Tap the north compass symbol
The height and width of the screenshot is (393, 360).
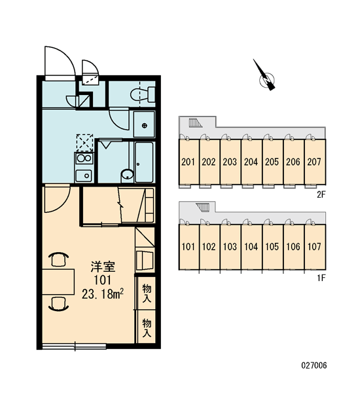coord(265,76)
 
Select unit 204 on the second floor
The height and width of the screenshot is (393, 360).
coord(251,162)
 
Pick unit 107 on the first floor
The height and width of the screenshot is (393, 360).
coord(315,247)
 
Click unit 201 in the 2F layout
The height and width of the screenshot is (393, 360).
coord(189,162)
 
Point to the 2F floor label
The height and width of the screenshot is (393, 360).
coord(321,195)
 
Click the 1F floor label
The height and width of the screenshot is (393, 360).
coord(321,278)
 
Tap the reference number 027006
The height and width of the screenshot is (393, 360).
coord(314,365)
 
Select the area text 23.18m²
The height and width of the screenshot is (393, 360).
coord(103,293)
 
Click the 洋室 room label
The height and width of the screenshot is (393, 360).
coord(103,267)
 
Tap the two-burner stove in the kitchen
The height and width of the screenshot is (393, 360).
coord(84,159)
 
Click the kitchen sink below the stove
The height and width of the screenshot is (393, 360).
coord(84,176)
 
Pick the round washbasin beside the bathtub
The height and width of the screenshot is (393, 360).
coord(128,174)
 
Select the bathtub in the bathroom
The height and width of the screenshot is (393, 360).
coord(144,162)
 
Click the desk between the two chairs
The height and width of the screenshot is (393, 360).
coord(58,282)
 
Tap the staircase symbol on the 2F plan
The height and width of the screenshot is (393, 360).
coord(196,123)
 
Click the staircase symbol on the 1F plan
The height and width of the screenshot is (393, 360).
coord(202,207)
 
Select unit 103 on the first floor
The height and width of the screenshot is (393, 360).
coord(230,247)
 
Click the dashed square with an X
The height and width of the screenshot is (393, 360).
coord(84,143)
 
